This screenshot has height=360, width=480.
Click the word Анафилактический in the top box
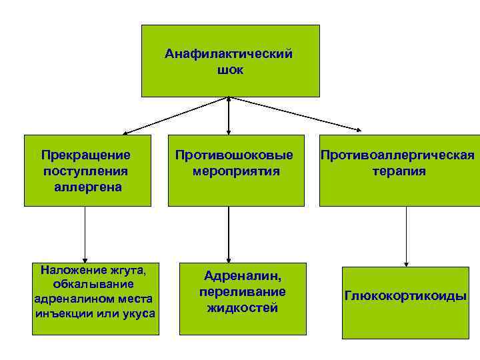pyautogui.click(x=229, y=54)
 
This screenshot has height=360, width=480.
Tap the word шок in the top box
pyautogui.click(x=229, y=69)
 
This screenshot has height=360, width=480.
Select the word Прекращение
pyautogui.click(x=85, y=155)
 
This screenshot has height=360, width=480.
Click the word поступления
pyautogui.click(x=85, y=171)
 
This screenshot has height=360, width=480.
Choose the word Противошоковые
pyautogui.click(x=234, y=155)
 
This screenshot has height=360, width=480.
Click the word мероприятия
pyautogui.click(x=235, y=171)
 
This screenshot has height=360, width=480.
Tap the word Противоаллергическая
pyautogui.click(x=397, y=155)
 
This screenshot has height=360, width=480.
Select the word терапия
pyautogui.click(x=399, y=171)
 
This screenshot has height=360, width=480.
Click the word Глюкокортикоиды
pyautogui.click(x=405, y=295)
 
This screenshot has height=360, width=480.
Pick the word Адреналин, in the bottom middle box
pyautogui.click(x=243, y=276)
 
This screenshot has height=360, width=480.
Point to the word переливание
pyautogui.click(x=242, y=292)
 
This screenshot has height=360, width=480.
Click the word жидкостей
pyautogui.click(x=242, y=308)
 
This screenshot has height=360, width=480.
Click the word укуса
pyautogui.click(x=138, y=313)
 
